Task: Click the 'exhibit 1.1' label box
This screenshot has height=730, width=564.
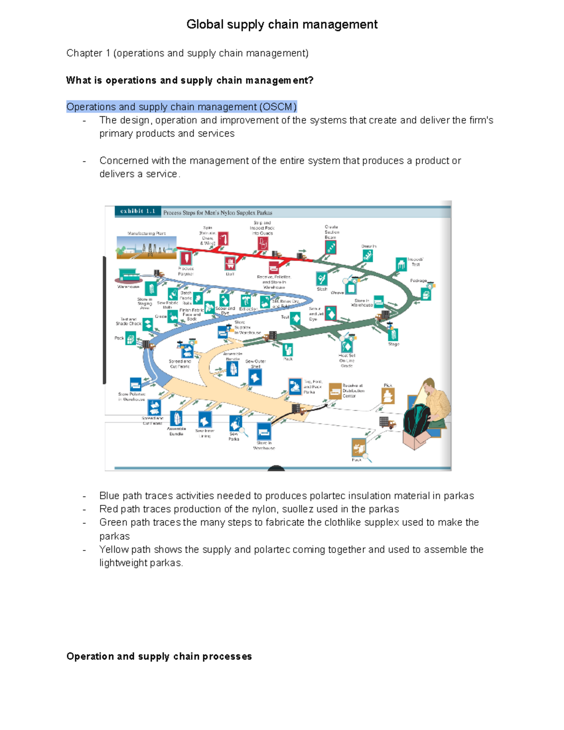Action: [x=138, y=212]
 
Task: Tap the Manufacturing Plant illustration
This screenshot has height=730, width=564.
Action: [x=146, y=248]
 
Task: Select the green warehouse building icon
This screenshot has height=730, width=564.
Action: [x=128, y=275]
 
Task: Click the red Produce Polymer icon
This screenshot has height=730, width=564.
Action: [x=186, y=258]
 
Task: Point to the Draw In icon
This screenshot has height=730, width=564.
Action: [x=368, y=256]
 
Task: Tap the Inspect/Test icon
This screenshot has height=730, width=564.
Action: [x=401, y=265]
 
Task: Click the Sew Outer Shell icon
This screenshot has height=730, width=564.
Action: [x=255, y=377]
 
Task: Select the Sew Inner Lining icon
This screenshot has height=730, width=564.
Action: [x=204, y=419]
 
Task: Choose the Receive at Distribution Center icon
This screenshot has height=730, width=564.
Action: [x=335, y=391]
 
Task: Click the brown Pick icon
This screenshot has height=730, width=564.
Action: [x=388, y=396]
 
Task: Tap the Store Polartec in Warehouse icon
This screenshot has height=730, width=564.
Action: [x=135, y=384]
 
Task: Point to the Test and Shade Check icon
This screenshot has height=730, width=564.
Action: [x=148, y=324]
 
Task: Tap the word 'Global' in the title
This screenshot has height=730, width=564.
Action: [x=204, y=24]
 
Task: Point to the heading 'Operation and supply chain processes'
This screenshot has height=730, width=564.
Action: [x=159, y=656]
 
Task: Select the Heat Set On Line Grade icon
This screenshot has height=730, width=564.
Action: [x=347, y=346]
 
